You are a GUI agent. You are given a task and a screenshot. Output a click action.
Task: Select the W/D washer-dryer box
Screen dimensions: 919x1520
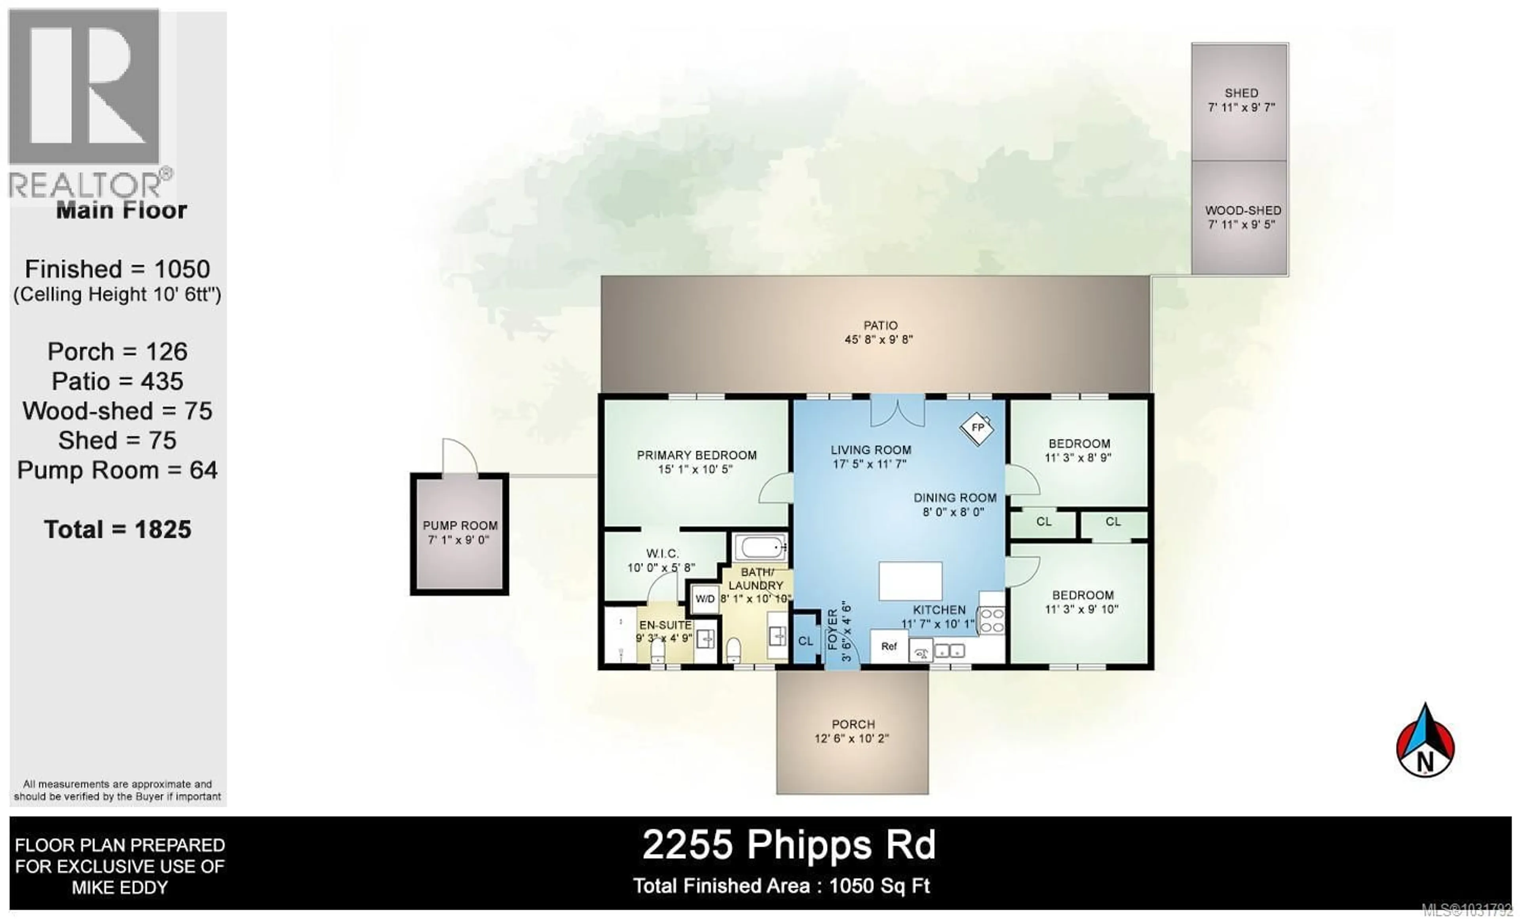pos(705,599)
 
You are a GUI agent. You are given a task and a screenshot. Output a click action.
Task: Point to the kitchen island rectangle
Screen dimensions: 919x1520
pos(910,581)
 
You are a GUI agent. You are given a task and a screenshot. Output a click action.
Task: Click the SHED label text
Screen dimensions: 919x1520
pos(1241,93)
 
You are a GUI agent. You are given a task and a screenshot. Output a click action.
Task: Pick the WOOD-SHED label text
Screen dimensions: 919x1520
pos(1243,210)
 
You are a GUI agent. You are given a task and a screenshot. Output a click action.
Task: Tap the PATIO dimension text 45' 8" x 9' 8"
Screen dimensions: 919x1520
pos(878,339)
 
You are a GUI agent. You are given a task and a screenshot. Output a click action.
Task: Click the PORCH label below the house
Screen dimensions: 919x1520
pos(853,725)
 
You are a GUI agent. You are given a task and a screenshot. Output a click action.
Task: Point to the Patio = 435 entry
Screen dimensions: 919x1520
pos(117,381)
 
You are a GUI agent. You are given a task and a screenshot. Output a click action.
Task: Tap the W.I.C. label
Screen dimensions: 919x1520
pos(662,554)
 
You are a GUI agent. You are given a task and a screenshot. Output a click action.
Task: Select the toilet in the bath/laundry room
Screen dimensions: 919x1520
pos(733,650)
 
